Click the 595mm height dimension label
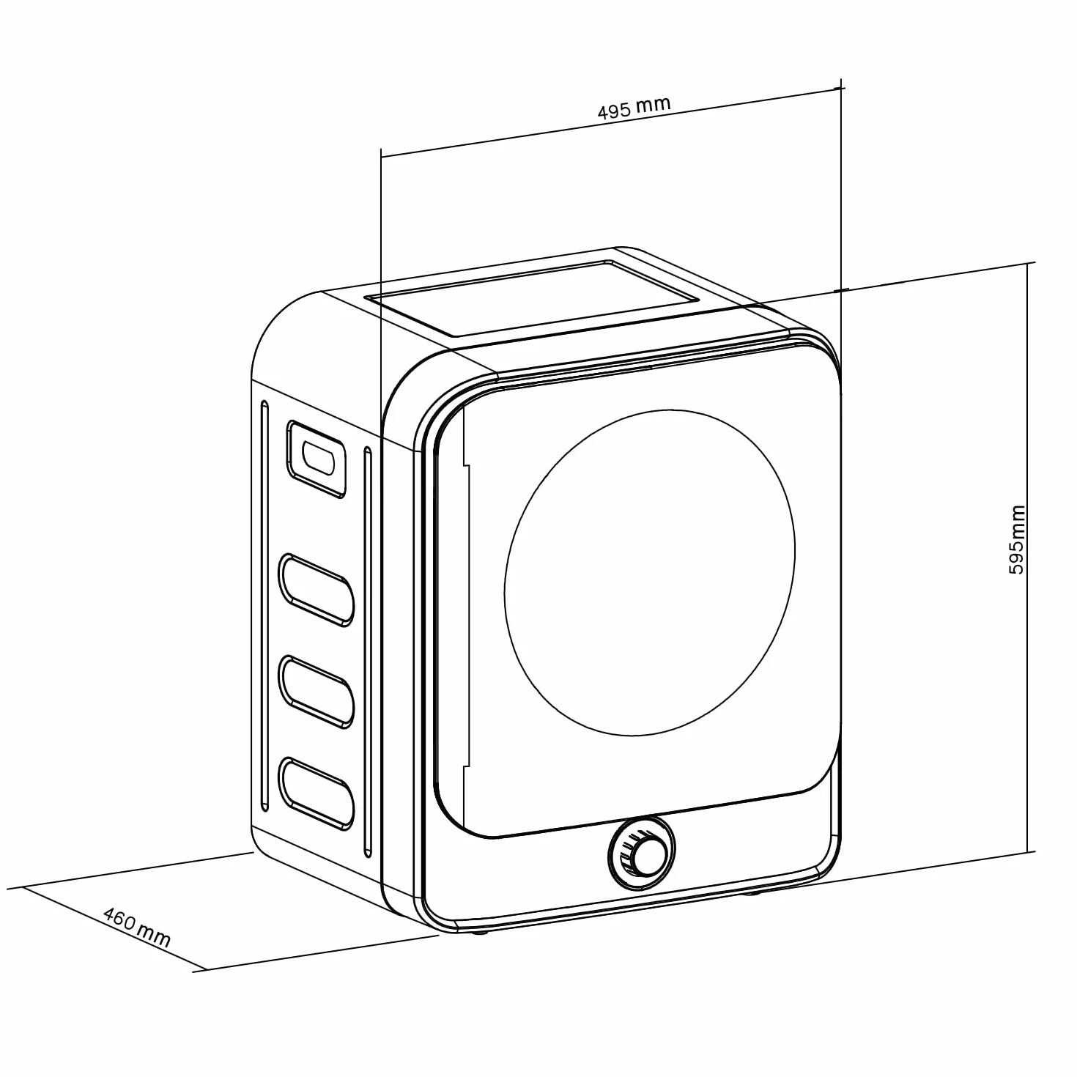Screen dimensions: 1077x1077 [x=1017, y=539]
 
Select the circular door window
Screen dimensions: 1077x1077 [x=649, y=572]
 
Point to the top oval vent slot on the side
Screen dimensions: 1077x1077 [x=317, y=590]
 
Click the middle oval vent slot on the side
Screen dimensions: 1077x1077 [x=317, y=692]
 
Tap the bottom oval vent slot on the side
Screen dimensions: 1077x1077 [x=317, y=793]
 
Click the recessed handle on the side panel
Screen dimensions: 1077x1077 [x=317, y=459]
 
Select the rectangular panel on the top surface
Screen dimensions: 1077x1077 [x=533, y=298]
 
